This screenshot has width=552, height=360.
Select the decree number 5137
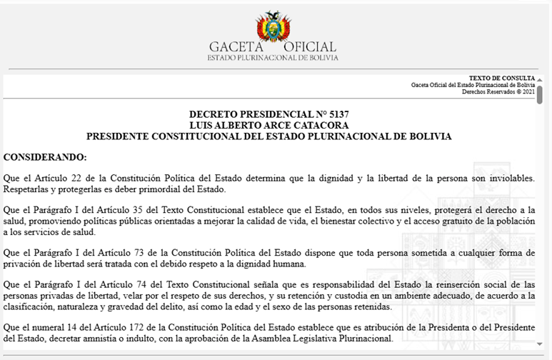tap(335, 114)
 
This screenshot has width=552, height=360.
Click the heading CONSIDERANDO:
tap(45, 156)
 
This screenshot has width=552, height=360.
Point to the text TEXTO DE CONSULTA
tap(501, 78)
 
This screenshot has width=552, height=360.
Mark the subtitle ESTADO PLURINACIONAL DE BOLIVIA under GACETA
tap(273, 58)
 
